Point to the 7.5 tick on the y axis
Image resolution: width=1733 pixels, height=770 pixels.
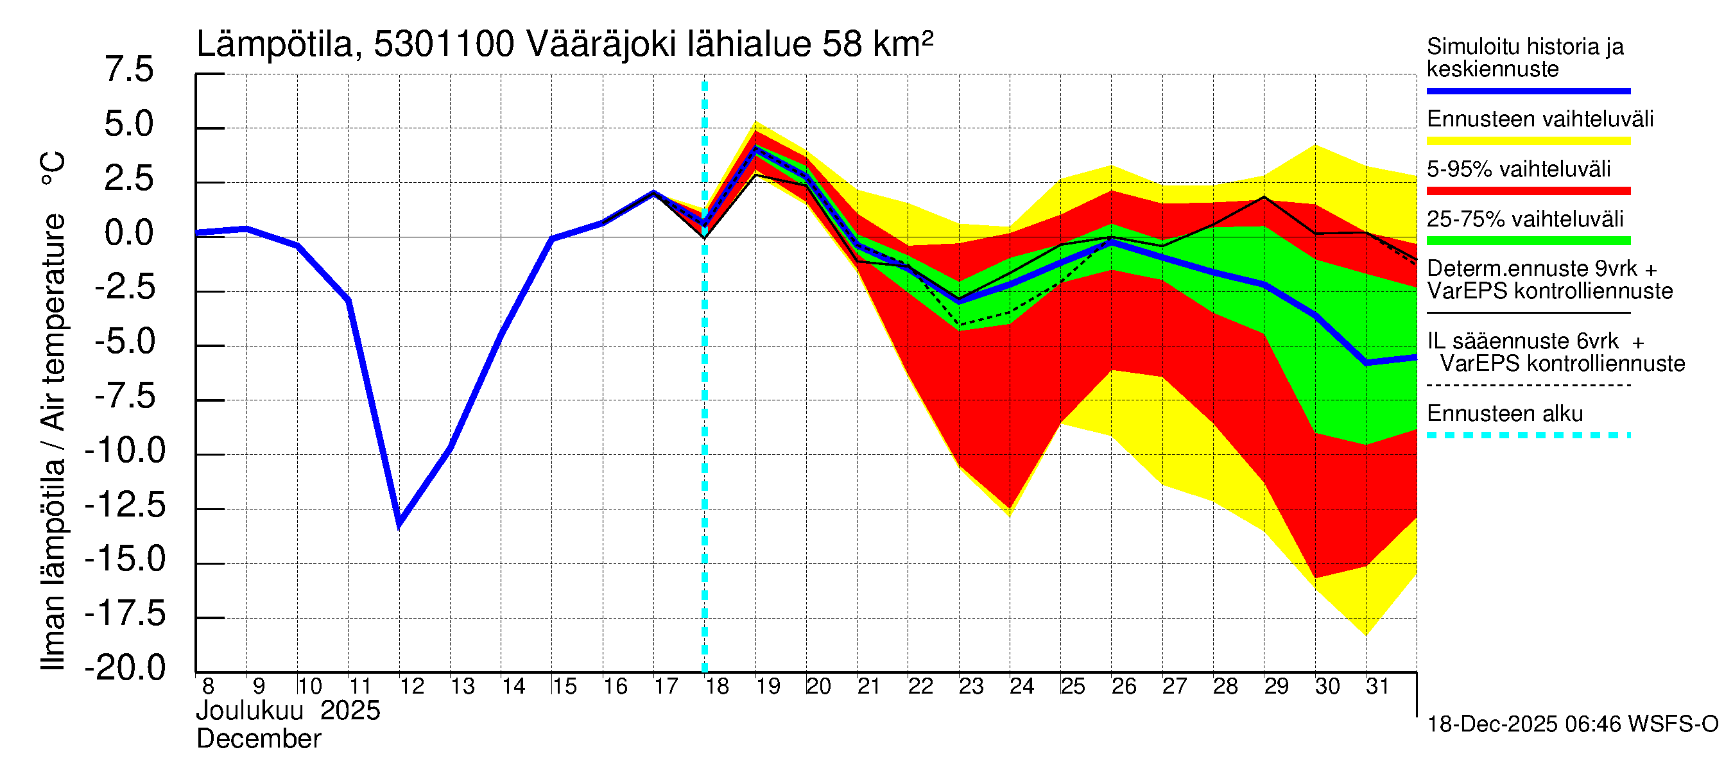tap(129, 70)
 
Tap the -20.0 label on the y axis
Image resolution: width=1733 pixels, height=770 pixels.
tap(125, 668)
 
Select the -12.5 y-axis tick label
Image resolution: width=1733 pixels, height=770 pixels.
tap(125, 505)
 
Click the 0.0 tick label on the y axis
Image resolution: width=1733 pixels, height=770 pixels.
tap(129, 234)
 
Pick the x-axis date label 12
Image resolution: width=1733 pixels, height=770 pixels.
tap(411, 687)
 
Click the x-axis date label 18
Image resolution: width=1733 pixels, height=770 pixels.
tap(717, 687)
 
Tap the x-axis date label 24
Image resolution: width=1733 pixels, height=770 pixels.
tap(1021, 687)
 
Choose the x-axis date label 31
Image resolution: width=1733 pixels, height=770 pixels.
tap(1377, 687)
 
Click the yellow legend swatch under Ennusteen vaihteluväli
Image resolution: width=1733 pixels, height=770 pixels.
tap(1528, 141)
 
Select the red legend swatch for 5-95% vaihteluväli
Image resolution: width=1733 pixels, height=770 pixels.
tap(1528, 191)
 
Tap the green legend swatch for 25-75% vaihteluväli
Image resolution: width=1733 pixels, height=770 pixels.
tap(1528, 241)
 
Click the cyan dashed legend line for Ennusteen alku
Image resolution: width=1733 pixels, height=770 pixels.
tap(1528, 435)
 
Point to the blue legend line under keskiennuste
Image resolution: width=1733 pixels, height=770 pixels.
tap(1528, 90)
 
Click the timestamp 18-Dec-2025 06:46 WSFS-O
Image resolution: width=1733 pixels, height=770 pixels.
tap(1572, 724)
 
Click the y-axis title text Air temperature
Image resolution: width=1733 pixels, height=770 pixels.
tap(54, 323)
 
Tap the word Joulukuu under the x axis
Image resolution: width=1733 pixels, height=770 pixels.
tap(250, 711)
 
